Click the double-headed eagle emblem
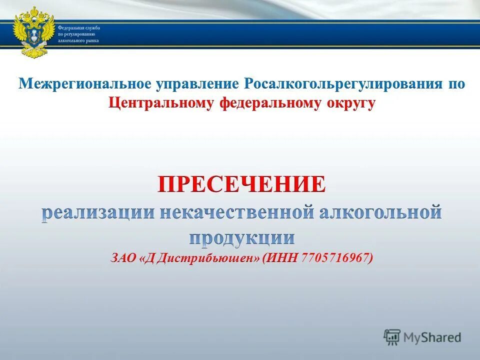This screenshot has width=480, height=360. [x=33, y=31]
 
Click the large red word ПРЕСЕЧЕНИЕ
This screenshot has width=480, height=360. [x=242, y=185]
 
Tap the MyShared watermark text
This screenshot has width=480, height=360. [x=433, y=337]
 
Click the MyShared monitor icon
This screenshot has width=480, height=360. [x=392, y=337]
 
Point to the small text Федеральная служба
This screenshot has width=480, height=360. [x=78, y=28]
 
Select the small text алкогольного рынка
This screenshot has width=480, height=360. [x=78, y=40]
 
